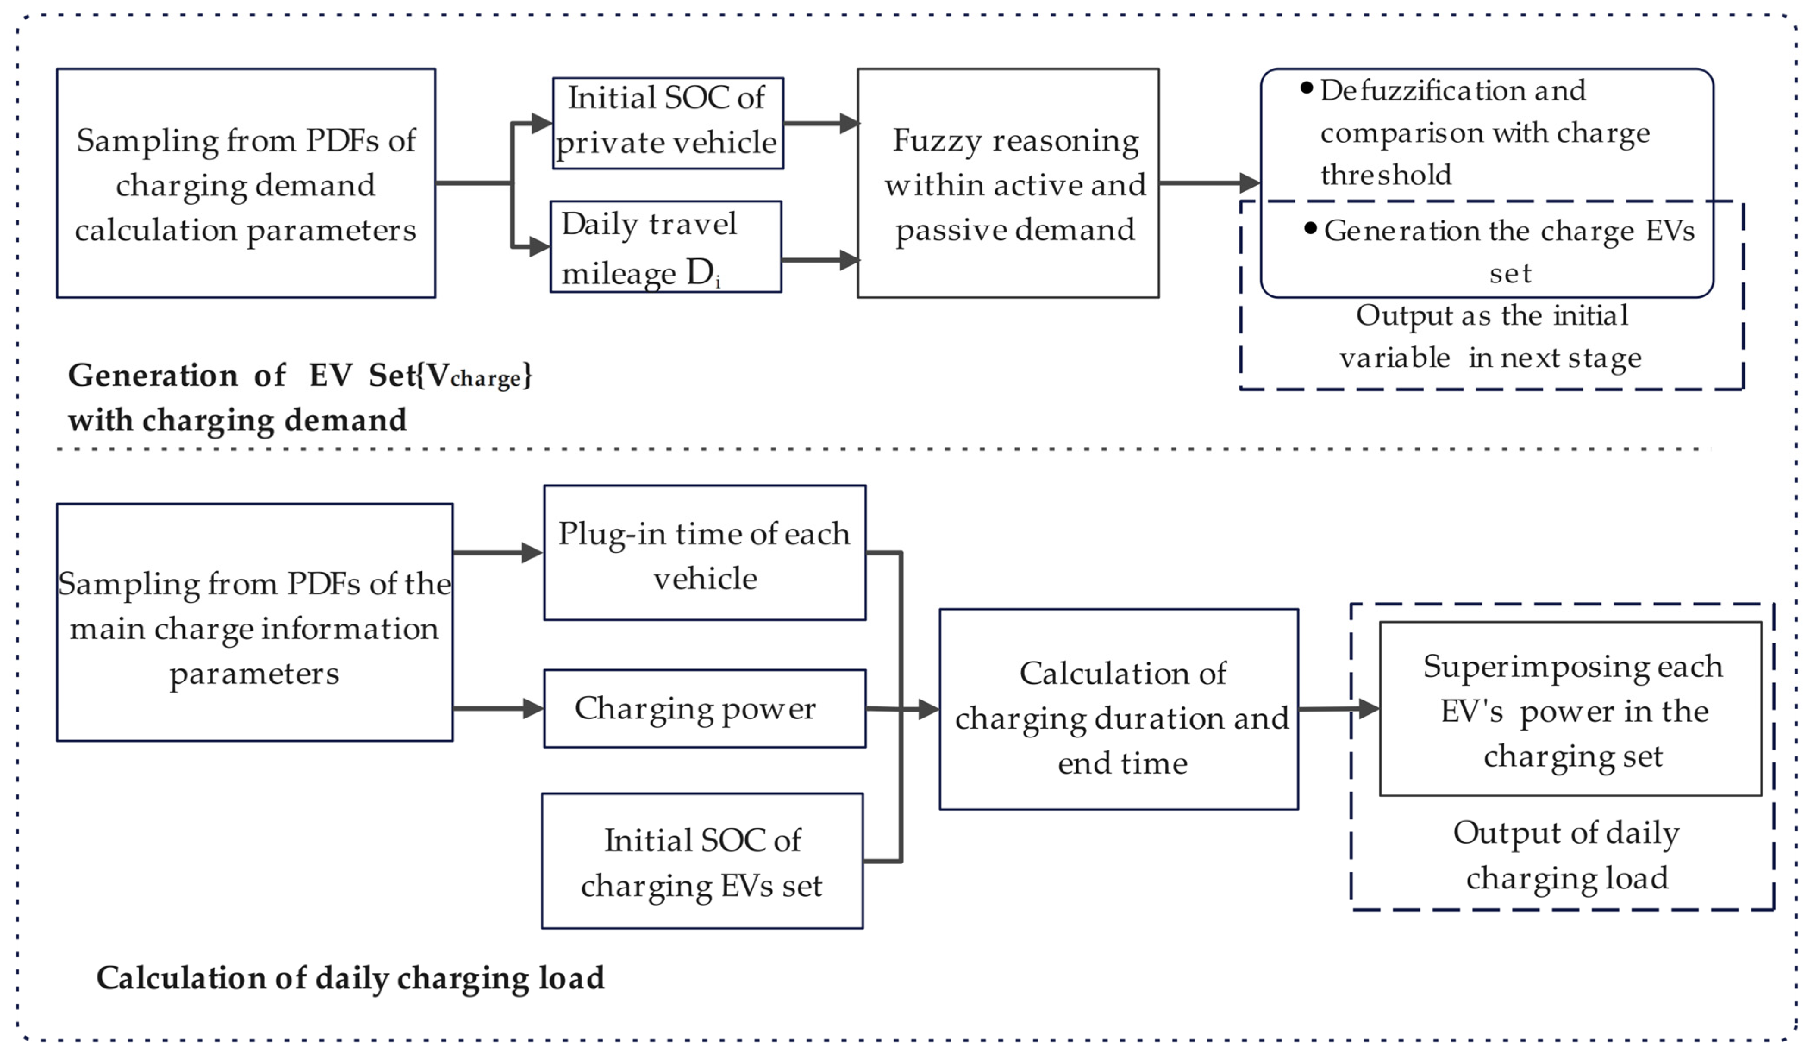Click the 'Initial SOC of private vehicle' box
(667, 123)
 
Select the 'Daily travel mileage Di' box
(666, 246)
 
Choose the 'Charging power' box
(704, 709)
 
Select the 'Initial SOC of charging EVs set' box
(702, 861)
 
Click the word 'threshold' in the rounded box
(1386, 175)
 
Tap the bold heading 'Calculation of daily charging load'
(350, 978)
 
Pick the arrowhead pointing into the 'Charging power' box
(533, 709)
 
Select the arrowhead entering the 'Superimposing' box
(1368, 709)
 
